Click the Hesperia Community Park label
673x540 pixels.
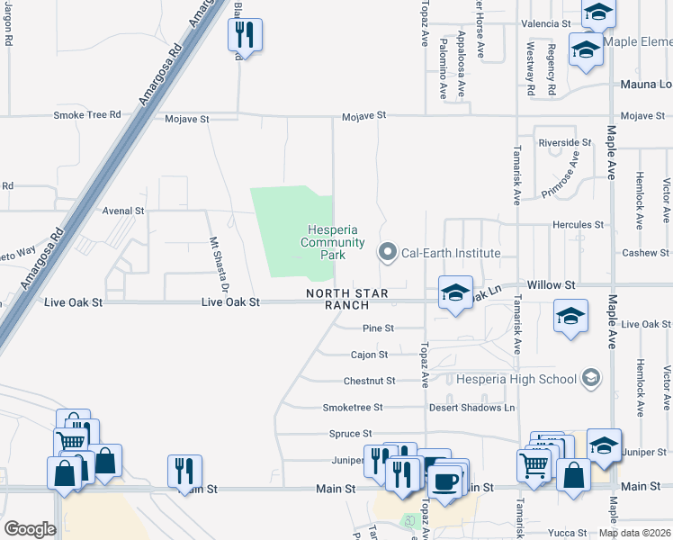332,242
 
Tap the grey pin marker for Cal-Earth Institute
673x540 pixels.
388,253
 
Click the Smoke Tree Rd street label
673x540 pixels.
87,115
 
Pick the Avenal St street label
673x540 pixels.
123,211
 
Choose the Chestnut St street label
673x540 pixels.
369,381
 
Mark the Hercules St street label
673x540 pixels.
578,224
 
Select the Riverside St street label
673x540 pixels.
565,143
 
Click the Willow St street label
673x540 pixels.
551,284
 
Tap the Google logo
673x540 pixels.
30,529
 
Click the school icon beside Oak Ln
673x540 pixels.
455,292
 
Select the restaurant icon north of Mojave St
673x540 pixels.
245,35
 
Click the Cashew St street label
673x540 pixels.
646,253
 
